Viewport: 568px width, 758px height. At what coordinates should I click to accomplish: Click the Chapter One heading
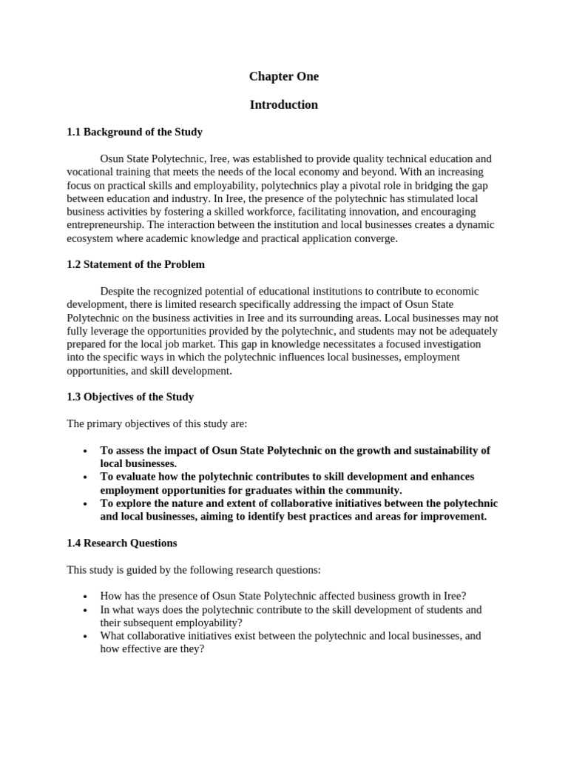pos(283,76)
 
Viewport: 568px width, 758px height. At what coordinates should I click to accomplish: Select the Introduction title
pos(283,105)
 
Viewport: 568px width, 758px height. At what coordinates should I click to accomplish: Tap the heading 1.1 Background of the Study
pos(135,133)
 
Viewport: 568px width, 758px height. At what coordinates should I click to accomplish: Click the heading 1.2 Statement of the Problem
pos(136,264)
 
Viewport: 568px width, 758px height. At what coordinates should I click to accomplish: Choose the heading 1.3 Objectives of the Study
pos(130,397)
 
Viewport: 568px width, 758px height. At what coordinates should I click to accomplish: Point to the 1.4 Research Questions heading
pos(122,543)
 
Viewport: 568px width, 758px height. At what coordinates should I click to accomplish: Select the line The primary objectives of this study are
pos(157,423)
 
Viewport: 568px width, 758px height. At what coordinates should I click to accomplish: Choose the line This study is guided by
pos(195,569)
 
